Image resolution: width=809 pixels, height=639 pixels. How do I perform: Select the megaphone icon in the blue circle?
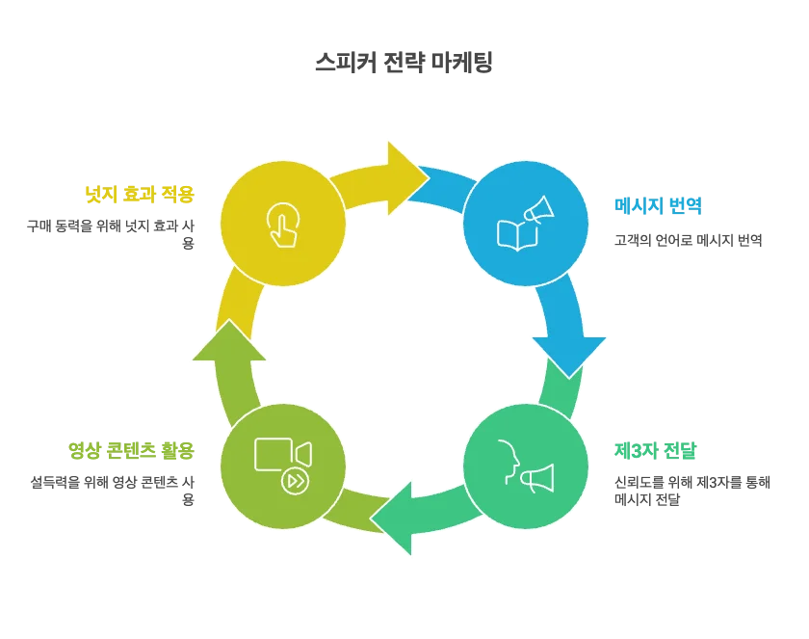[x=537, y=210]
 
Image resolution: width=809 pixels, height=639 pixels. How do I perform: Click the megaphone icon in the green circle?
[x=537, y=478]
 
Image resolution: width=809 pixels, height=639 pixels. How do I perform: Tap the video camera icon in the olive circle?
[x=282, y=455]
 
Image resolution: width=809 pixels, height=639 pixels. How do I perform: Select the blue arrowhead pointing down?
[x=568, y=352]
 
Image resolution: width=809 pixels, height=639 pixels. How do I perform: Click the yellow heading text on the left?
[x=141, y=196]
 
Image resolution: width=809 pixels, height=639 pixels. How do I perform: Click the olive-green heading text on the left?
[x=130, y=449]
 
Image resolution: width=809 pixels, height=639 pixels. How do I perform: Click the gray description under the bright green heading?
[x=690, y=488]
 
